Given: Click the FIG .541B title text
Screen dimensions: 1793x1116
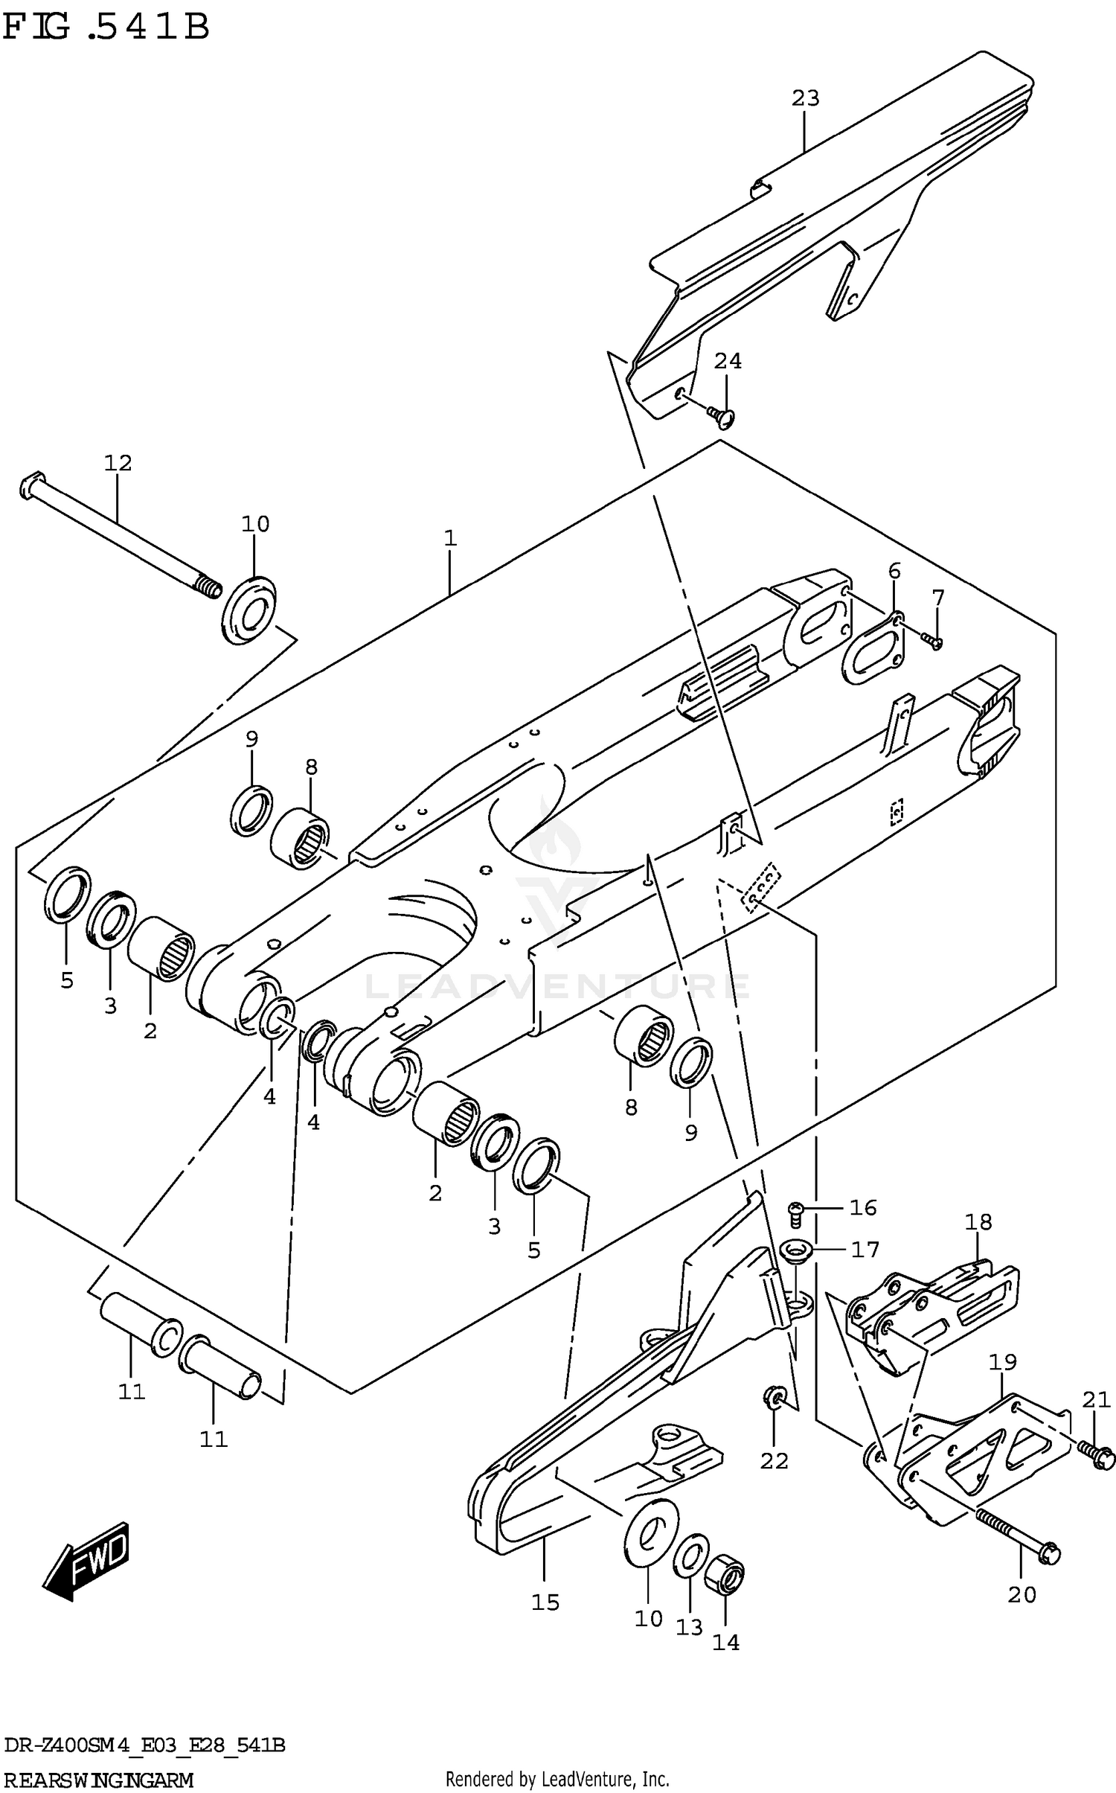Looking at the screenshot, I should (105, 28).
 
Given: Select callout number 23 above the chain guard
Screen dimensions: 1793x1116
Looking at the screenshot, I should (805, 98).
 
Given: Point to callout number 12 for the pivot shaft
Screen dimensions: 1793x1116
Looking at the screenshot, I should (118, 463).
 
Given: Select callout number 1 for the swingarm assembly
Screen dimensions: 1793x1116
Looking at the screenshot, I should (449, 537).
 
